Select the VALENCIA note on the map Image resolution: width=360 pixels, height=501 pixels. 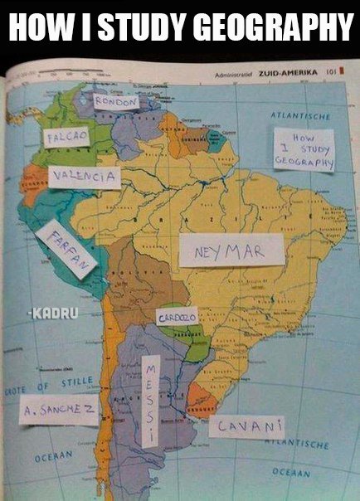[84, 178]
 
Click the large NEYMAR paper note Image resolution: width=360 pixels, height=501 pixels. [231, 250]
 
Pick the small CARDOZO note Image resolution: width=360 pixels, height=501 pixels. [177, 318]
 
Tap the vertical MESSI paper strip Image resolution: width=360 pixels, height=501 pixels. [150, 401]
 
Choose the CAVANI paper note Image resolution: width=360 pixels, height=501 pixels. [246, 427]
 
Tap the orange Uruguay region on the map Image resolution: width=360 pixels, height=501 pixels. [202, 401]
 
